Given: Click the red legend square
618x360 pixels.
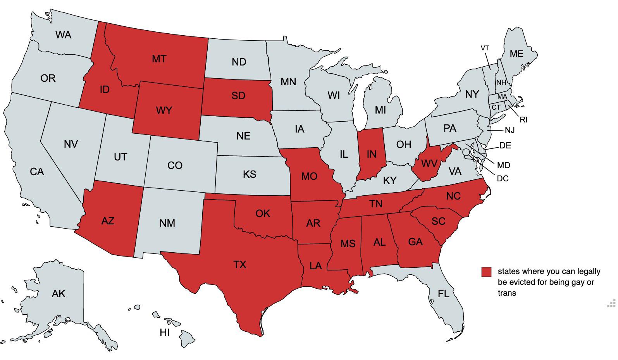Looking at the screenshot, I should click(486, 272).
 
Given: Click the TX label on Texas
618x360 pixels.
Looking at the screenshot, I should click(240, 265).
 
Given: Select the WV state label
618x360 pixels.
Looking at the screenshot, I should click(429, 164).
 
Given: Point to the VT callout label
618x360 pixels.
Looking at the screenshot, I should click(485, 48).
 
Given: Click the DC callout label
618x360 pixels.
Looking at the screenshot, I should click(503, 179).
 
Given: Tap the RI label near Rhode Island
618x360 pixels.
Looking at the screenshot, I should click(523, 120).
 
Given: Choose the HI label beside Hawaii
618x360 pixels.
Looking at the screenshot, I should click(165, 332).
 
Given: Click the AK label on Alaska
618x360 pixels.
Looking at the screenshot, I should click(59, 294).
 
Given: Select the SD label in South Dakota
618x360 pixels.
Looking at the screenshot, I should click(238, 95).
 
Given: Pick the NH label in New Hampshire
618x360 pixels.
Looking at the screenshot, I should click(501, 83).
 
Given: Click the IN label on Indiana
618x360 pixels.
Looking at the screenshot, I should click(371, 154).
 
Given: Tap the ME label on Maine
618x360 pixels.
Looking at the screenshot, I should click(516, 54).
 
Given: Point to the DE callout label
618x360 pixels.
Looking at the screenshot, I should click(505, 145).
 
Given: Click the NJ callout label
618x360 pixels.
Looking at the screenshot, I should click(510, 130).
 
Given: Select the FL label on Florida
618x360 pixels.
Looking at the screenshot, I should click(443, 294).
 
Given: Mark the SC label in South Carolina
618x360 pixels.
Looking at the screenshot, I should click(438, 221).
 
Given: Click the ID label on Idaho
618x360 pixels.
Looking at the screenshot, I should click(104, 90).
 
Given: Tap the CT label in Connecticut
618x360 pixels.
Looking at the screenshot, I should click(496, 107).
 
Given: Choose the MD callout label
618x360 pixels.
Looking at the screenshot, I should click(503, 165).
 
